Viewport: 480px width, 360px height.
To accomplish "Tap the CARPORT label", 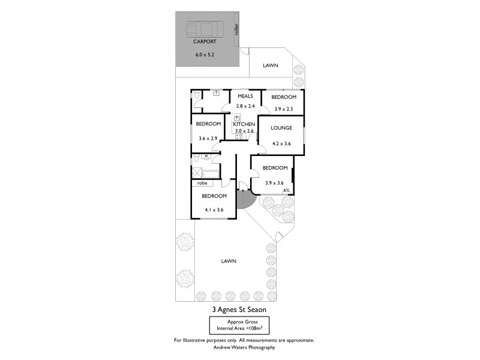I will coord(204,43).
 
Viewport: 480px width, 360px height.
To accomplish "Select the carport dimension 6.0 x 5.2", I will coord(204,55).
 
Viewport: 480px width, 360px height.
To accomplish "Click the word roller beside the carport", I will coord(238,29).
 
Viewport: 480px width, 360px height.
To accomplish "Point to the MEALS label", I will coord(245,96).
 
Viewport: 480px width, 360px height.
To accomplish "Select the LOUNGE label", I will coord(281,128).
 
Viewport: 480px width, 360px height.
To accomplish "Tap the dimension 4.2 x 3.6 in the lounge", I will coord(281,143).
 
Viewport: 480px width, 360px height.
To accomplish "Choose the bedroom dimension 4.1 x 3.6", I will coord(214,210).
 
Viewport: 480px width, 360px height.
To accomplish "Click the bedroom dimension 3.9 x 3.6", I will coord(274,183).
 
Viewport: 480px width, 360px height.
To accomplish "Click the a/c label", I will coord(286,190).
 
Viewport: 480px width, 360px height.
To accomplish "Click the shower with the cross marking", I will coord(196,172).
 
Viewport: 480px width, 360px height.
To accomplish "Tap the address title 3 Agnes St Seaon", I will coord(239,310).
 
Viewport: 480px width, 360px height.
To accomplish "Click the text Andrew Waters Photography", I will coord(240,347).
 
